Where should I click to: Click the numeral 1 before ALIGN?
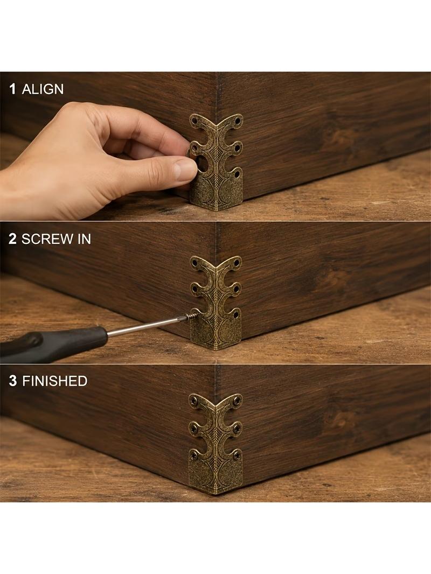click(13, 89)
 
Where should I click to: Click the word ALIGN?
click(43, 89)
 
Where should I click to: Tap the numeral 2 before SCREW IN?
click(12, 239)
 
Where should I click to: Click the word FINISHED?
click(55, 381)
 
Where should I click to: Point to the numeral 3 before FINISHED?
click(13, 381)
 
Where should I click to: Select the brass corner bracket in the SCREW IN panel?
click(217, 303)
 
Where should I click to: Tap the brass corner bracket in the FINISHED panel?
click(215, 444)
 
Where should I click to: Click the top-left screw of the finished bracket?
click(194, 400)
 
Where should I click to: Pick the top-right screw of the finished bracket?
click(238, 400)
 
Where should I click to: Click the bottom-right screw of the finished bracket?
click(237, 455)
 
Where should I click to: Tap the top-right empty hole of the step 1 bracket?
click(238, 120)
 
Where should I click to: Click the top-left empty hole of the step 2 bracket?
click(194, 263)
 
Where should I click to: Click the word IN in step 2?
click(84, 239)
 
